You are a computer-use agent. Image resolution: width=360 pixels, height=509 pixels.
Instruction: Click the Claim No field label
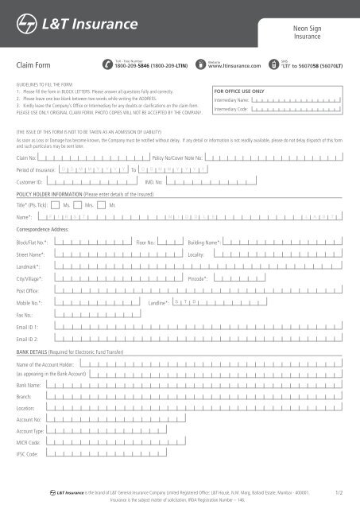(27, 158)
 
